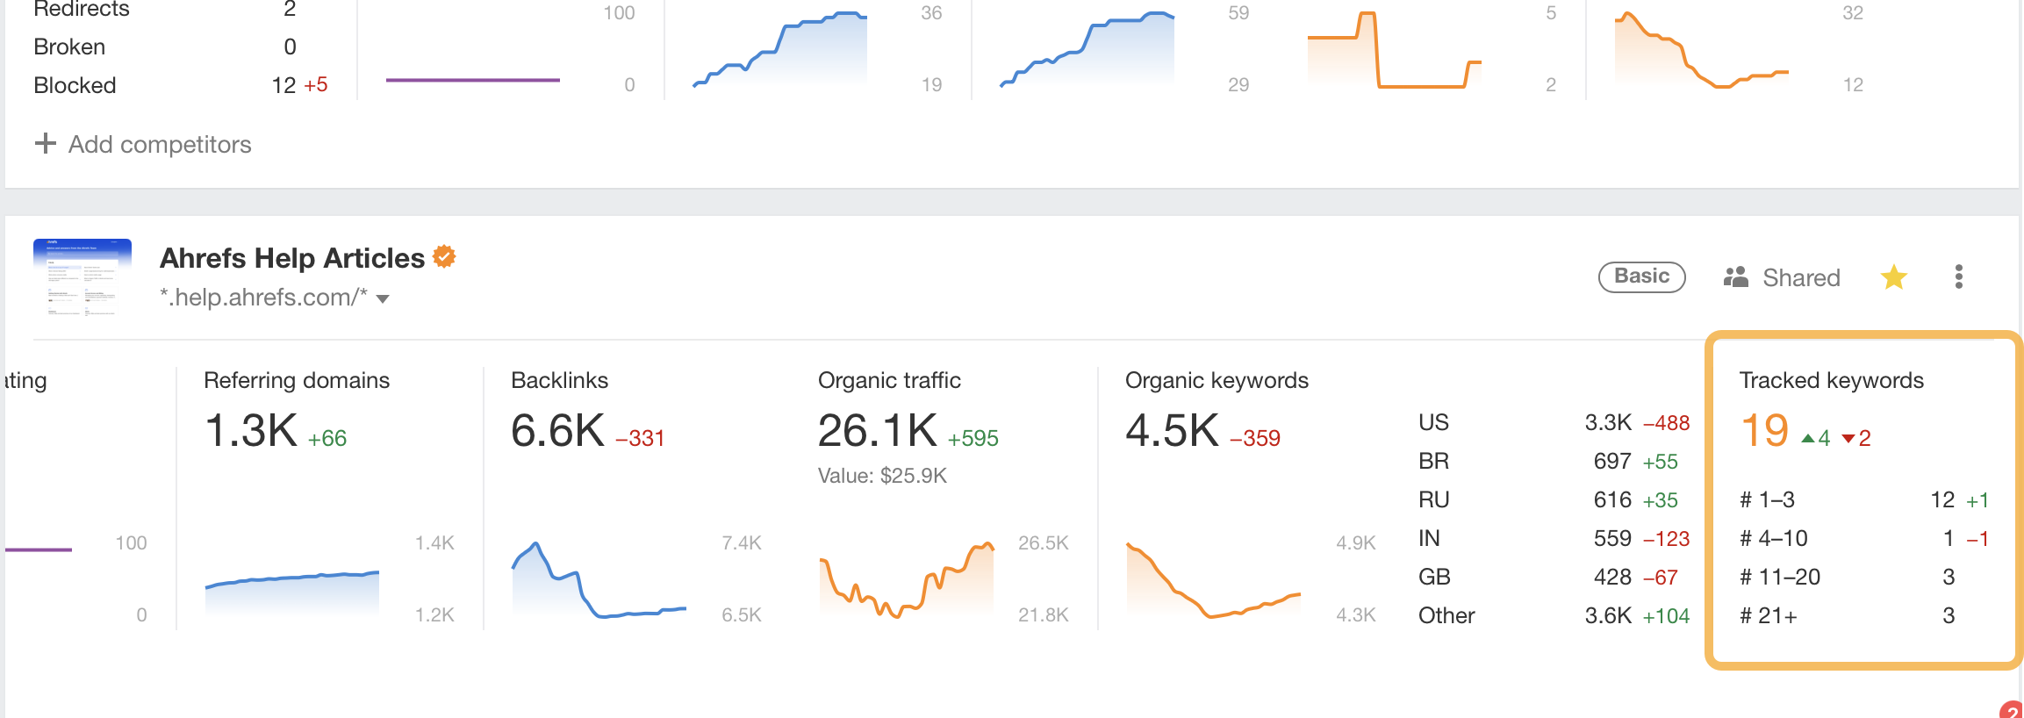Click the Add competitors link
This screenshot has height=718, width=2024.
point(143,144)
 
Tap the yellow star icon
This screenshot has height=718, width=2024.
point(1894,277)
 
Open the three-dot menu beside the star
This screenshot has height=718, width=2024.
point(1958,277)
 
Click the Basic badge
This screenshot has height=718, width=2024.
point(1641,276)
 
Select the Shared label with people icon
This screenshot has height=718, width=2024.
point(1782,277)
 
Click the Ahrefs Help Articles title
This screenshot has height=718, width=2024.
point(291,258)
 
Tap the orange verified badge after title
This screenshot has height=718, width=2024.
point(445,256)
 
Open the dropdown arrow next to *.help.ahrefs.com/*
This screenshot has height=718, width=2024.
point(383,299)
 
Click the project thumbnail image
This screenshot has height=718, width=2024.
point(83,276)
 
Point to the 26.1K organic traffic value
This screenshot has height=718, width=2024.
point(877,431)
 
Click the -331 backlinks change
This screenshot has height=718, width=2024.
point(640,438)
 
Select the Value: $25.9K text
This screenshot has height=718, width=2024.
point(882,476)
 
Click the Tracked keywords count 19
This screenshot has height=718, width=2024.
point(1764,431)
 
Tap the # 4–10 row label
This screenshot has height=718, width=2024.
point(1773,538)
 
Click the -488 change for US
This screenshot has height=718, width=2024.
point(1666,423)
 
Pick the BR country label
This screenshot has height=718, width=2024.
point(1433,461)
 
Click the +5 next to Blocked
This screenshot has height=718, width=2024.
point(315,85)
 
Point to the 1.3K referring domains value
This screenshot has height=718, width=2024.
point(251,431)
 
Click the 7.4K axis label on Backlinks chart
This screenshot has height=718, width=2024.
point(741,543)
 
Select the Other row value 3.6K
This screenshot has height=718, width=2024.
point(1607,615)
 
